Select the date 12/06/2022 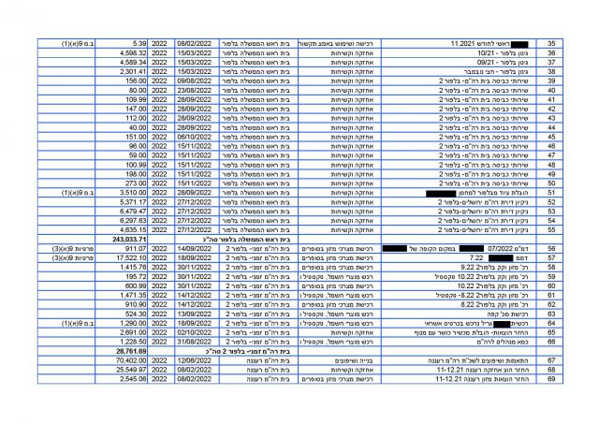coord(197,358)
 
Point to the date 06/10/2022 coord(197,136)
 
